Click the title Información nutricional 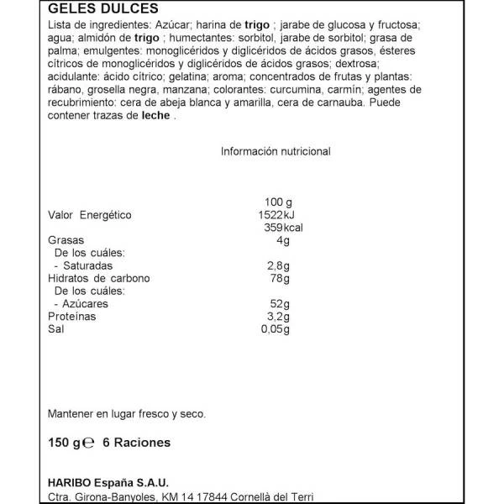(276, 151)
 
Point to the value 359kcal (270, 228)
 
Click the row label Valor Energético (91, 215)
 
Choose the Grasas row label (67, 242)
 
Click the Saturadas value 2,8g (275, 268)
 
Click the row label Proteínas (72, 317)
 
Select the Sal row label (57, 329)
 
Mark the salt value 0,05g (272, 329)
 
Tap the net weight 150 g (66, 443)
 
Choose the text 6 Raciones (136, 443)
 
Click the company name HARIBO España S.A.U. (110, 482)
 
